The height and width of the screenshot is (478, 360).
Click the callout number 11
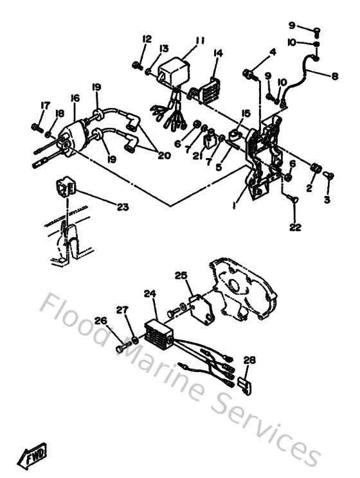pyautogui.click(x=199, y=40)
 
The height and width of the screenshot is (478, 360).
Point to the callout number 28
pyautogui.click(x=249, y=362)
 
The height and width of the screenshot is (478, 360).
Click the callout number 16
pyautogui.click(x=75, y=98)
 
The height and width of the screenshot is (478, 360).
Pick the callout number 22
pyautogui.click(x=295, y=227)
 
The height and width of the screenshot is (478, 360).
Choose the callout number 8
pyautogui.click(x=334, y=76)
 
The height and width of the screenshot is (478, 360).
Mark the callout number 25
pyautogui.click(x=181, y=276)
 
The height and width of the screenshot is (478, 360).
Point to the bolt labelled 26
pyautogui.click(x=122, y=348)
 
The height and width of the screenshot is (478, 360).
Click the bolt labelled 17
pyautogui.click(x=36, y=127)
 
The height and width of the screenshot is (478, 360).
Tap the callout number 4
pyautogui.click(x=273, y=52)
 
